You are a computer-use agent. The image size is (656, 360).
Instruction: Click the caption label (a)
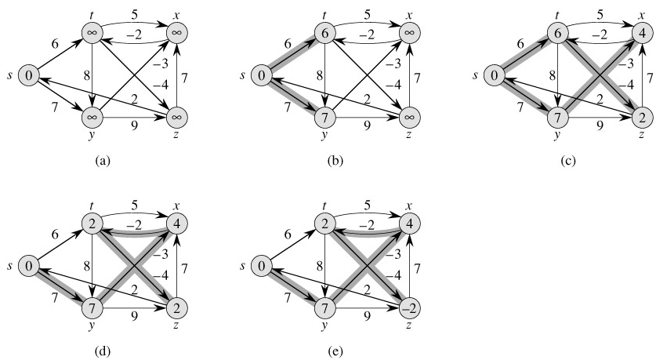(101, 161)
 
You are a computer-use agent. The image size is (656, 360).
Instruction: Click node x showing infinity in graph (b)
(409, 32)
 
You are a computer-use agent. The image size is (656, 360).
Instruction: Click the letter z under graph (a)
(180, 135)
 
